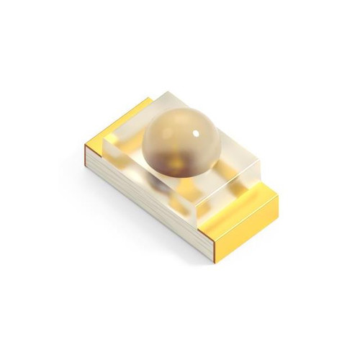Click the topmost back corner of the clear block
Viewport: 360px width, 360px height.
click(170, 91)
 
